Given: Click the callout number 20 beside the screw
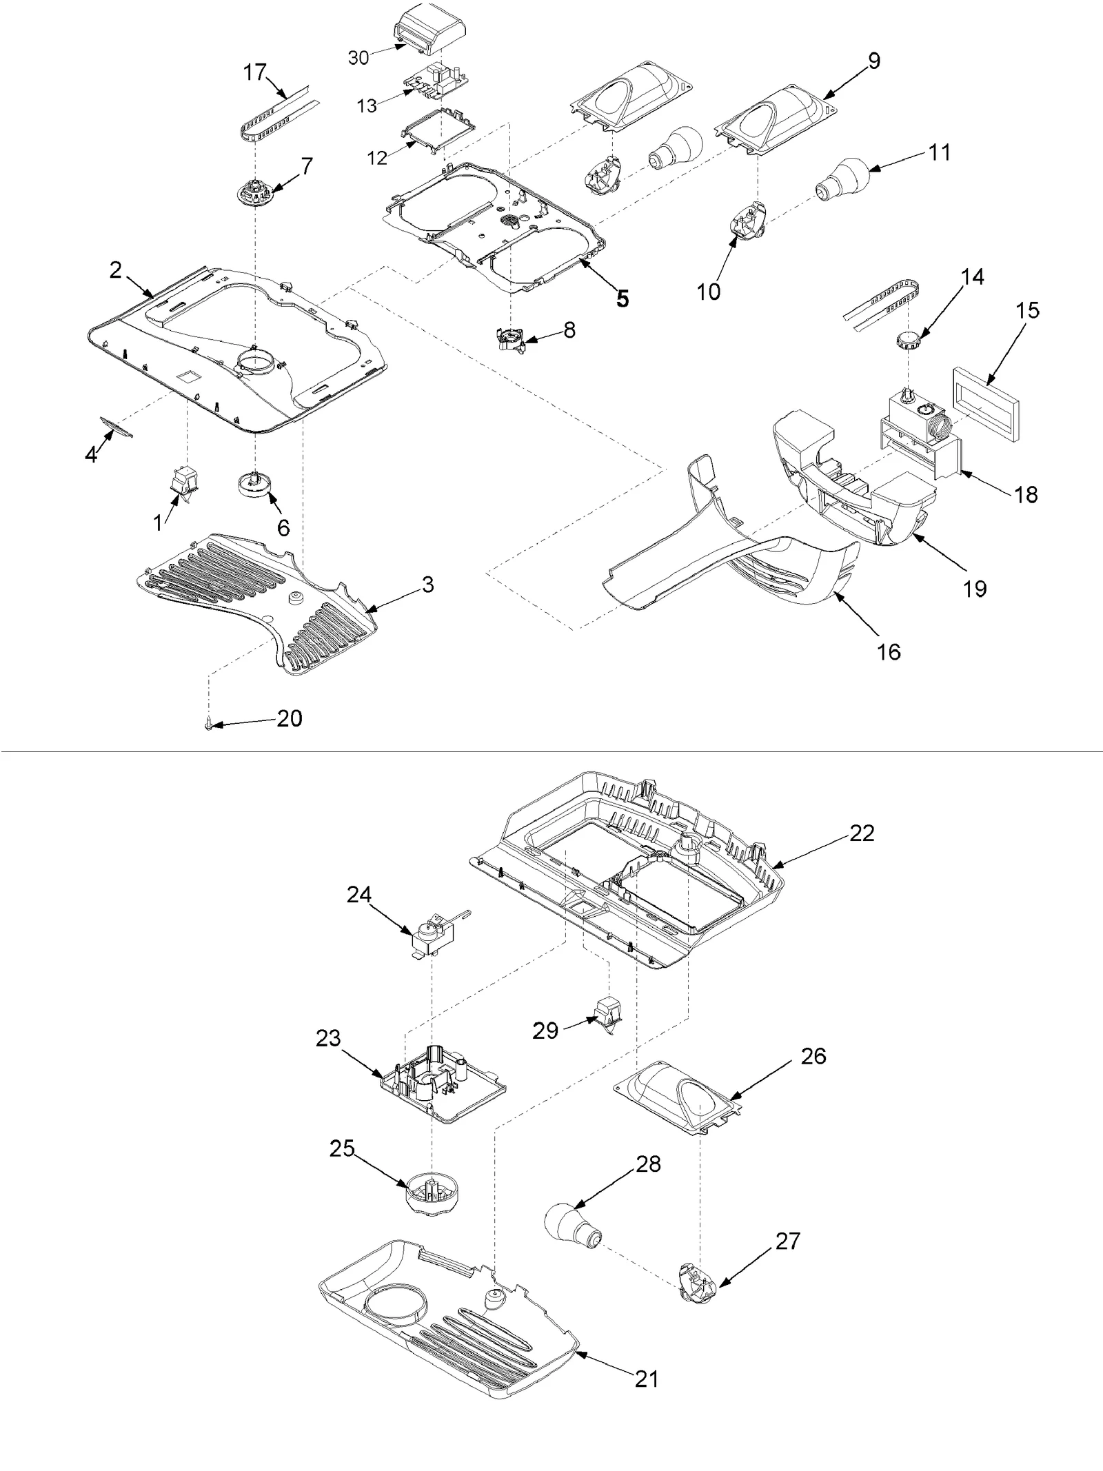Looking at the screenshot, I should tap(290, 718).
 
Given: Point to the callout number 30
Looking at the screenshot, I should tap(358, 58).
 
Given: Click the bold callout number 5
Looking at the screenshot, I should tap(623, 298).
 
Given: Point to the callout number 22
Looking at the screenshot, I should tap(862, 833).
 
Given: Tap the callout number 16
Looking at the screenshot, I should tap(889, 651).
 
